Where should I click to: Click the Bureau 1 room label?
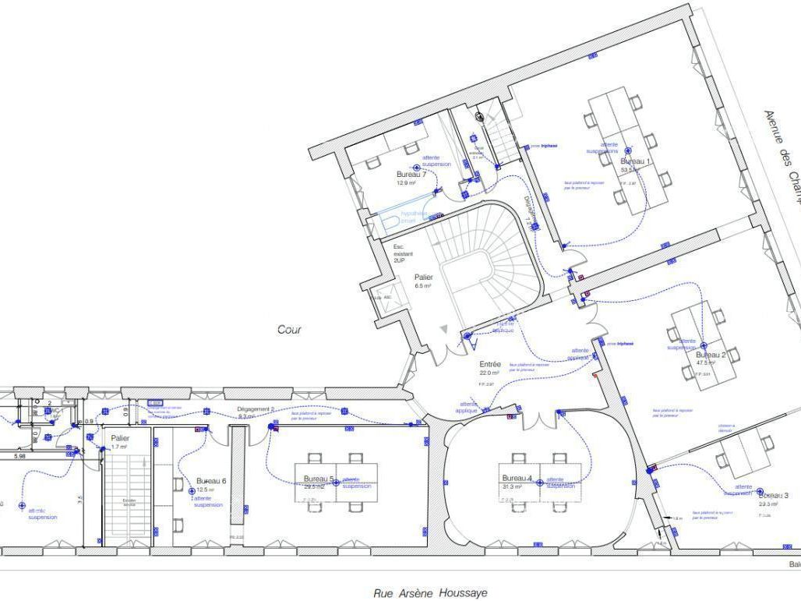tap(635, 161)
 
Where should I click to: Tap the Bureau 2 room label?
tap(711, 355)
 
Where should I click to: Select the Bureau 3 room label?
tap(773, 495)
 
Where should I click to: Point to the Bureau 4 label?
tap(517, 478)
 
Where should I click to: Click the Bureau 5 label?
tap(319, 479)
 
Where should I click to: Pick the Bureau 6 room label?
tap(211, 481)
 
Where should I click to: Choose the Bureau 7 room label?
tap(411, 174)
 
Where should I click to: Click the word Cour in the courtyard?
tap(289, 330)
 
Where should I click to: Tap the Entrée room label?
tap(490, 364)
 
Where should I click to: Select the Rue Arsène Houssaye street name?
tap(430, 592)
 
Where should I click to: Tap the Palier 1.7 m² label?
tap(120, 438)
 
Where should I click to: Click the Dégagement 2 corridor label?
tap(256, 408)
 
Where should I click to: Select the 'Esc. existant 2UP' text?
tap(404, 254)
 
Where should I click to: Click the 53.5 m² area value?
tap(629, 170)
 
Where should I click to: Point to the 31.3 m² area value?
tap(511, 486)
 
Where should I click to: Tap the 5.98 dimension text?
tap(19, 456)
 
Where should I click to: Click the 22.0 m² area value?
tap(489, 373)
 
